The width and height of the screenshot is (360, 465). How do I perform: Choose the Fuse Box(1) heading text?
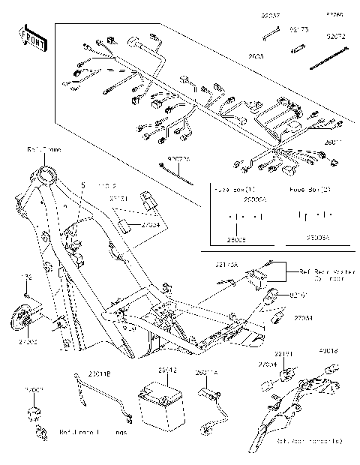point(235,190)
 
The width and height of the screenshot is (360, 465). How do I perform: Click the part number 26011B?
point(99,373)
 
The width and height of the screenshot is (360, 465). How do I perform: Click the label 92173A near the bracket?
point(228,264)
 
